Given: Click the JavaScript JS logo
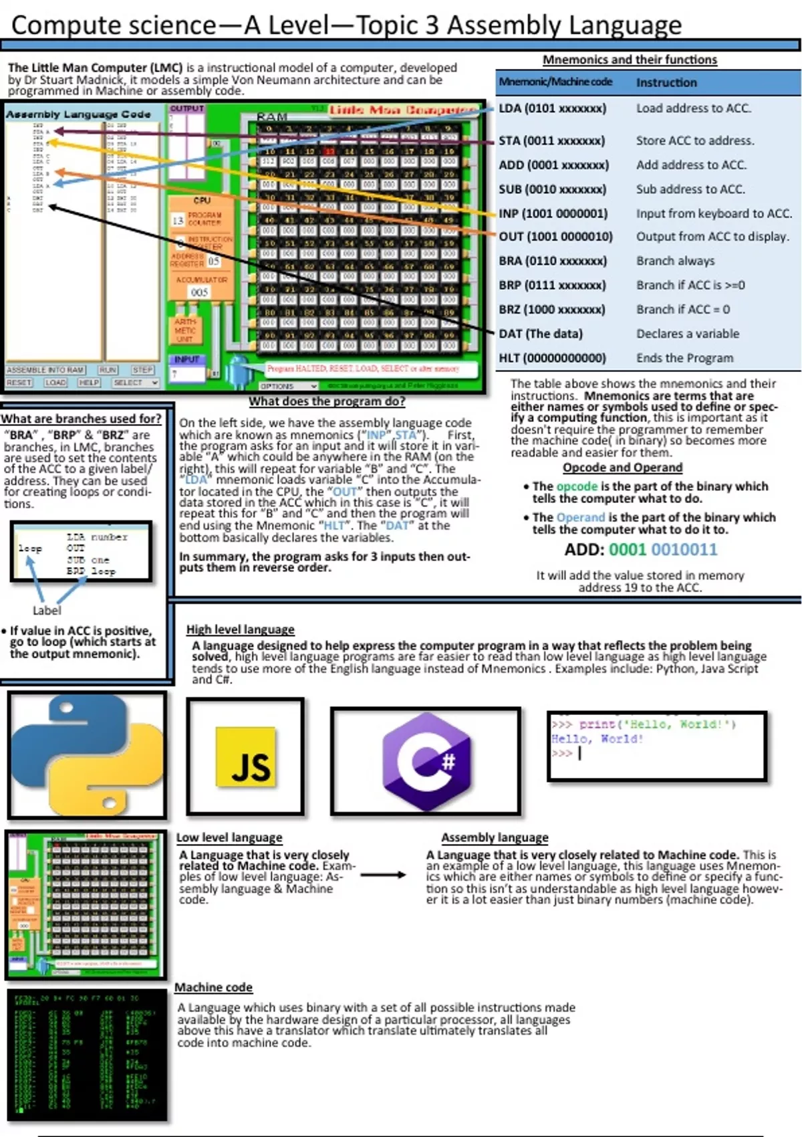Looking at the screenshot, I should [x=245, y=757].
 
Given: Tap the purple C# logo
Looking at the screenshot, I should [x=426, y=761].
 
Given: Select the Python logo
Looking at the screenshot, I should [x=87, y=755].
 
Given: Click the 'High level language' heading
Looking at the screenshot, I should [x=240, y=629].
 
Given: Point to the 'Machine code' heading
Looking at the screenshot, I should [x=213, y=987].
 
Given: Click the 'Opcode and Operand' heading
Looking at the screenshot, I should [x=622, y=468].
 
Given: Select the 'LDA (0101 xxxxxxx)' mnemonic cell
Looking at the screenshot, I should [x=552, y=108].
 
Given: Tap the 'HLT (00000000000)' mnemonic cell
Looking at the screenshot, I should [x=552, y=358].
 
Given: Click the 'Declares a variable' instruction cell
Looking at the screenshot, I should [x=688, y=334].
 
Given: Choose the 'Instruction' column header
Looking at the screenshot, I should [x=666, y=82].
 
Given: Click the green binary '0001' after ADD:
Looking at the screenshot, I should [x=627, y=550].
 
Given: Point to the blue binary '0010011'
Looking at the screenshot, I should [x=684, y=550].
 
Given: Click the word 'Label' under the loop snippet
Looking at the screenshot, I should [x=47, y=611].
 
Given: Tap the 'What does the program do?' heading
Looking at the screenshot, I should [x=327, y=401].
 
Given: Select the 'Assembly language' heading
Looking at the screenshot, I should [x=495, y=837].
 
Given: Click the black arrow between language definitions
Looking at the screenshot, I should [x=383, y=875].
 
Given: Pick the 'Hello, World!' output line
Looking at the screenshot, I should [x=597, y=739].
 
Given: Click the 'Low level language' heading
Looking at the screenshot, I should [x=229, y=837].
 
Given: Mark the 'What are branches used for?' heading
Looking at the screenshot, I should [x=81, y=419].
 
